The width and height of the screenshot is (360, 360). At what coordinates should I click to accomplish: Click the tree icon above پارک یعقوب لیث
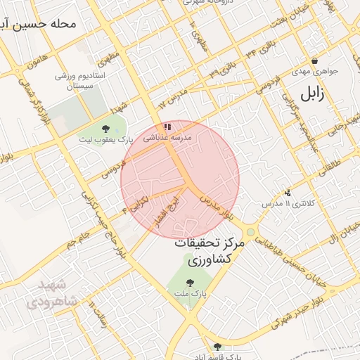(x=105, y=129)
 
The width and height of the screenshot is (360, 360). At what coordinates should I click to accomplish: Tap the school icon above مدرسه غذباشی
(x=167, y=127)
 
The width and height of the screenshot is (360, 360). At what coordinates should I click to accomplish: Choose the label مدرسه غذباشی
(x=167, y=139)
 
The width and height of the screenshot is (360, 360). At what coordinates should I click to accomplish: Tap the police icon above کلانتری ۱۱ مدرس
(x=287, y=193)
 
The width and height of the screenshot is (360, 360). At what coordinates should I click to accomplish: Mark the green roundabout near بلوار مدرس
(x=250, y=231)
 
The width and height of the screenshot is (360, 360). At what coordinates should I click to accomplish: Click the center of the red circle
(x=180, y=179)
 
